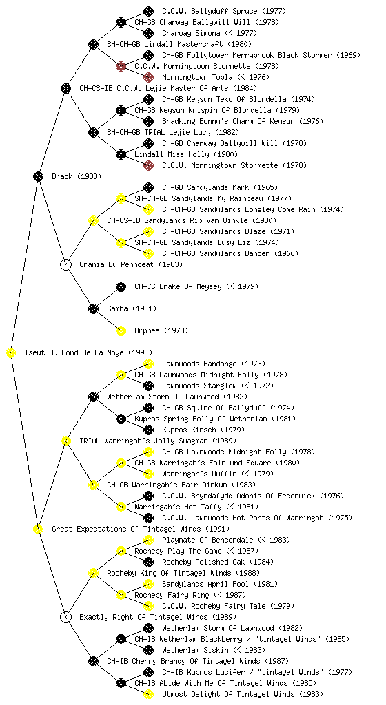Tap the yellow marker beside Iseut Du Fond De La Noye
tap(11, 352)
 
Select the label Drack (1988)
tap(77, 176)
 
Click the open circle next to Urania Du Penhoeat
tap(65, 264)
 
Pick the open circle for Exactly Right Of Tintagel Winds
tap(65, 617)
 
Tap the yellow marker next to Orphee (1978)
tap(121, 330)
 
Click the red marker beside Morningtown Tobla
tap(148, 77)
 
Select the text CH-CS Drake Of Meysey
tap(178, 286)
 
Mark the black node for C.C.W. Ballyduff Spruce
tap(148, 11)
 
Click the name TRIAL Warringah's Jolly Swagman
tap(144, 441)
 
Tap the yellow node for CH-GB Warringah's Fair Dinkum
tap(93, 485)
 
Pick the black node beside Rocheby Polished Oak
tap(148, 562)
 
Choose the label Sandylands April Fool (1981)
tap(220, 584)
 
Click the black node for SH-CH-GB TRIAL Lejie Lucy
tap(93, 132)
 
